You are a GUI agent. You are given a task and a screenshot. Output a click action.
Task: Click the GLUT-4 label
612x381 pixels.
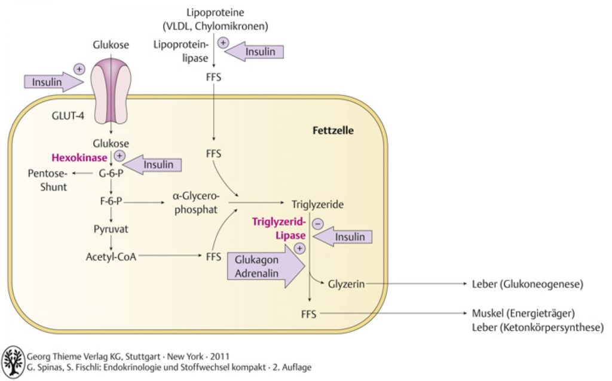click(68, 116)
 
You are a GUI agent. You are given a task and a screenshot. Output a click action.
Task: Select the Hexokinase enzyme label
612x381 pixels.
click(79, 158)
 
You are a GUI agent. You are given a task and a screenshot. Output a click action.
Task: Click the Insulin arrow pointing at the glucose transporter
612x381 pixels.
click(54, 82)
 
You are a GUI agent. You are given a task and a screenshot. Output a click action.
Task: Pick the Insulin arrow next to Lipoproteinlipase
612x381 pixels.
click(254, 51)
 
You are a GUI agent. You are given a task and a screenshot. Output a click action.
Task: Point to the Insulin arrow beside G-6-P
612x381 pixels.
click(152, 165)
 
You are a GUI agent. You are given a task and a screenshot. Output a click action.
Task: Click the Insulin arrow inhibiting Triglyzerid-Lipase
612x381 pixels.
click(342, 236)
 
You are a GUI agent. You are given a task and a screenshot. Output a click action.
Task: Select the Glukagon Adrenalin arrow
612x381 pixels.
click(266, 266)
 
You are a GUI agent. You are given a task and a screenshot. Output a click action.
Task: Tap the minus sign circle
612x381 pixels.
click(318, 224)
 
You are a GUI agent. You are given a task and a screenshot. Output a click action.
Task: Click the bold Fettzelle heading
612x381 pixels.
click(333, 130)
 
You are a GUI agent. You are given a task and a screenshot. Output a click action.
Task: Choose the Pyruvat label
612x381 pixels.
click(111, 229)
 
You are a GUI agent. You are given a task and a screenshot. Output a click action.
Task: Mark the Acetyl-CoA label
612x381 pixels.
click(111, 257)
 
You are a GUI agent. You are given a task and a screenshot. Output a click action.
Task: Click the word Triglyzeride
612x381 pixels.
click(318, 204)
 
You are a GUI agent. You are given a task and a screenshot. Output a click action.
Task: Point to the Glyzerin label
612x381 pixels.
click(346, 284)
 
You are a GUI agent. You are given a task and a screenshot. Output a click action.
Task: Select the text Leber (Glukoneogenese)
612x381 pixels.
click(528, 284)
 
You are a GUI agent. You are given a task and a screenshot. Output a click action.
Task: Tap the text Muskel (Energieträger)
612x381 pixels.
click(524, 313)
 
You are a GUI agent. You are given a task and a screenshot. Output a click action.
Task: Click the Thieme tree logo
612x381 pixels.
click(13, 362)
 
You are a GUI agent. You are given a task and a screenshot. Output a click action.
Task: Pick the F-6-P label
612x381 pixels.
click(111, 201)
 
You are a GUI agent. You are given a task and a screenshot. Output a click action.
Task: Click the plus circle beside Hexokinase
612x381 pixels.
click(120, 156)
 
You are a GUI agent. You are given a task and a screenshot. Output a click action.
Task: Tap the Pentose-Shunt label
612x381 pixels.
click(48, 180)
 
